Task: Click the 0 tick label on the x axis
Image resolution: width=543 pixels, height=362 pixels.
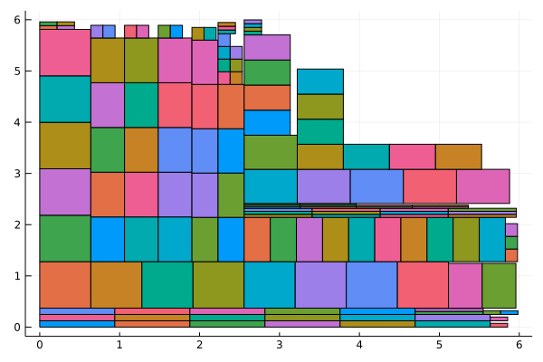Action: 40,345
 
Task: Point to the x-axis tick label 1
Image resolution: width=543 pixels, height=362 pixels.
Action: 119,345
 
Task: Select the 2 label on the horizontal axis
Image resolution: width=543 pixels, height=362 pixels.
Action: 199,345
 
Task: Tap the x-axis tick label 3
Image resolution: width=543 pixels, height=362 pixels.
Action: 280,345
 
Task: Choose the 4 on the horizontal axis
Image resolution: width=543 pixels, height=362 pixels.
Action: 359,345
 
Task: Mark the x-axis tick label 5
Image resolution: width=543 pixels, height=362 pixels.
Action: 439,345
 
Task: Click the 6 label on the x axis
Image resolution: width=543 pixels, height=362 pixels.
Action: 519,345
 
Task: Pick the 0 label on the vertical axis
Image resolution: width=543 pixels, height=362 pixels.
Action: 28,327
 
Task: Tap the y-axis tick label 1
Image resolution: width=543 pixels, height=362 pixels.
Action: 28,275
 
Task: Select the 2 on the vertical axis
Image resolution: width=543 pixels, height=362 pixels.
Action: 28,224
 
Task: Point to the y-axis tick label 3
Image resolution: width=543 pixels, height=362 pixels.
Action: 28,173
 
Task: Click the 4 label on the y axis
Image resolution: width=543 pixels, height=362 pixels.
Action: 28,122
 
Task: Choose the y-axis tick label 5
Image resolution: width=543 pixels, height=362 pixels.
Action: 28,71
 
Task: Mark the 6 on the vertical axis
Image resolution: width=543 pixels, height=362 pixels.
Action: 28,20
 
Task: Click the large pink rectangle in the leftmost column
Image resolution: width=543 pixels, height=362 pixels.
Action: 65,52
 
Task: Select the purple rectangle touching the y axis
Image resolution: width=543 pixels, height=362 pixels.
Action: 65,192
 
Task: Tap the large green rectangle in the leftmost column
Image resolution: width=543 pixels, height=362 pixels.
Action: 65,238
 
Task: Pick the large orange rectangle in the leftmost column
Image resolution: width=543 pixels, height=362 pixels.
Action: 65,284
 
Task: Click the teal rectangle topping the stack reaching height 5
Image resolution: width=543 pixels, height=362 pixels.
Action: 320,81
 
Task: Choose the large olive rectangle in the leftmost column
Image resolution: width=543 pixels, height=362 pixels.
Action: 65,145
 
